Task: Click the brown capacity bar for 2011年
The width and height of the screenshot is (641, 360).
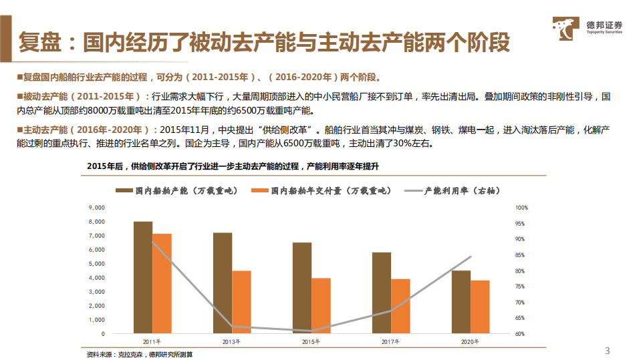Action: [x=142, y=277]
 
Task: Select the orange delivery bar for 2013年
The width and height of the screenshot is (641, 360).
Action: [x=241, y=302]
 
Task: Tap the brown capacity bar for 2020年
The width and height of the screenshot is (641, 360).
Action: [x=461, y=302]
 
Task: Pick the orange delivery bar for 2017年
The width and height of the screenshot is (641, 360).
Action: [x=400, y=306]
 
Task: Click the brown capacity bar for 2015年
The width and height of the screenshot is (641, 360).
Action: [x=301, y=288]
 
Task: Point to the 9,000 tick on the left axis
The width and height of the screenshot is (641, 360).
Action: [x=96, y=208]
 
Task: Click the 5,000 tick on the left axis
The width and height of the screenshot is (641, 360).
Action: [x=96, y=264]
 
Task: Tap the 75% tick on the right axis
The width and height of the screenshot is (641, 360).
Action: [x=521, y=287]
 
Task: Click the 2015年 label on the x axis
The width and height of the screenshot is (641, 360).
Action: [x=311, y=342]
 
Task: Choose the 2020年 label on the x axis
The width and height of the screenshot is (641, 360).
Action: [x=470, y=342]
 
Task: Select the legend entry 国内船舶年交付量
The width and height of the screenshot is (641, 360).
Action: [x=321, y=191]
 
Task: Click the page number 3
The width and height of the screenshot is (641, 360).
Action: [x=607, y=351]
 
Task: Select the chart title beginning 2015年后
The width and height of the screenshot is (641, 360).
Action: [x=234, y=165]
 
